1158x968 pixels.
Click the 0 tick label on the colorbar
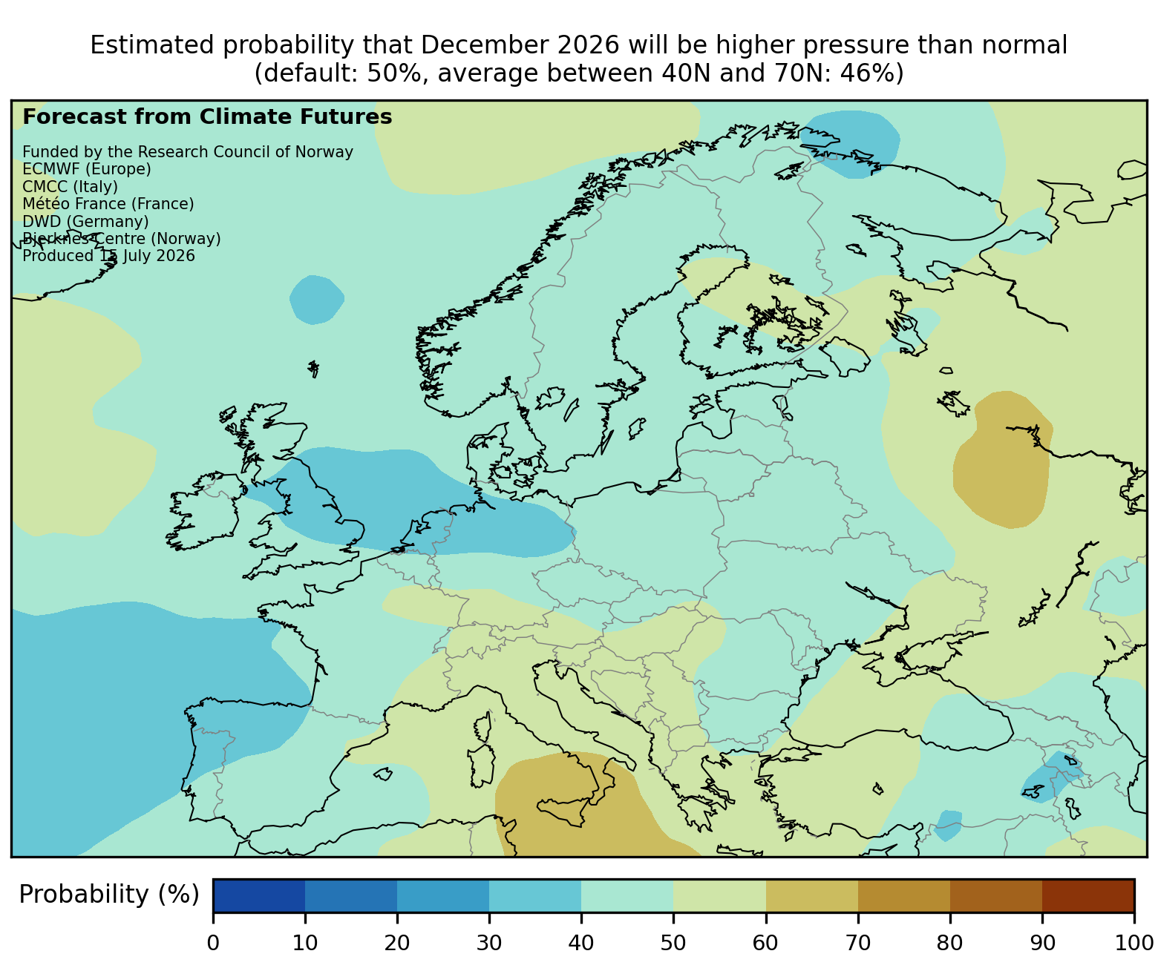(x=213, y=943)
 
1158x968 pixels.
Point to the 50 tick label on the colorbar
(x=673, y=943)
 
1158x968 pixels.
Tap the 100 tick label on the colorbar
(x=1134, y=943)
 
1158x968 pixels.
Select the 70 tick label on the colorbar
(x=857, y=943)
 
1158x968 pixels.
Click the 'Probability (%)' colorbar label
(x=109, y=895)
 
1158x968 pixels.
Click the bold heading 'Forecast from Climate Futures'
(x=207, y=117)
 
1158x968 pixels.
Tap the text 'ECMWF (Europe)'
(x=87, y=169)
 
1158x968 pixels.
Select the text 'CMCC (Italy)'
(x=70, y=187)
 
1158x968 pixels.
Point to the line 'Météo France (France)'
(x=108, y=204)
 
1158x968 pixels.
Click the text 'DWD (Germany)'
(x=85, y=222)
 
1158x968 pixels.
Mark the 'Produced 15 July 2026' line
(x=108, y=256)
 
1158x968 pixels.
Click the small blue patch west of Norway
(x=317, y=300)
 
